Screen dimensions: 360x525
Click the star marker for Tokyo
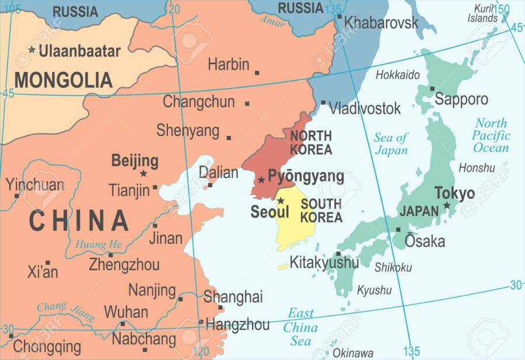(447, 205)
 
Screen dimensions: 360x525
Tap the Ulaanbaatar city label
(79, 51)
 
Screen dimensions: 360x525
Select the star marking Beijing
(143, 173)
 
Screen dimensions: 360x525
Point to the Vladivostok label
(365, 108)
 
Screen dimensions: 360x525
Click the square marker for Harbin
(257, 73)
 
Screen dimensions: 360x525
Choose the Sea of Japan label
(391, 144)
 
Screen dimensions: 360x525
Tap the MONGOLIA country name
(64, 80)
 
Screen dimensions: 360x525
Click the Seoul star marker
(281, 201)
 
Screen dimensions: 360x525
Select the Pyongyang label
(306, 176)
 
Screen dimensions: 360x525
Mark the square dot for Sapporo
(432, 89)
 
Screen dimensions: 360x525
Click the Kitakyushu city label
(324, 263)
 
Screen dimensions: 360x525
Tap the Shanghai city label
(233, 296)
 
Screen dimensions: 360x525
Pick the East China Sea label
(300, 327)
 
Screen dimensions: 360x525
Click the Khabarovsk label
(381, 23)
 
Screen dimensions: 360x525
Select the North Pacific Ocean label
(491, 135)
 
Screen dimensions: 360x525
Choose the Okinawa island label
(353, 353)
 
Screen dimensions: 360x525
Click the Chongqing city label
(47, 347)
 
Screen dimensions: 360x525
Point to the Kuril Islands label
(483, 13)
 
